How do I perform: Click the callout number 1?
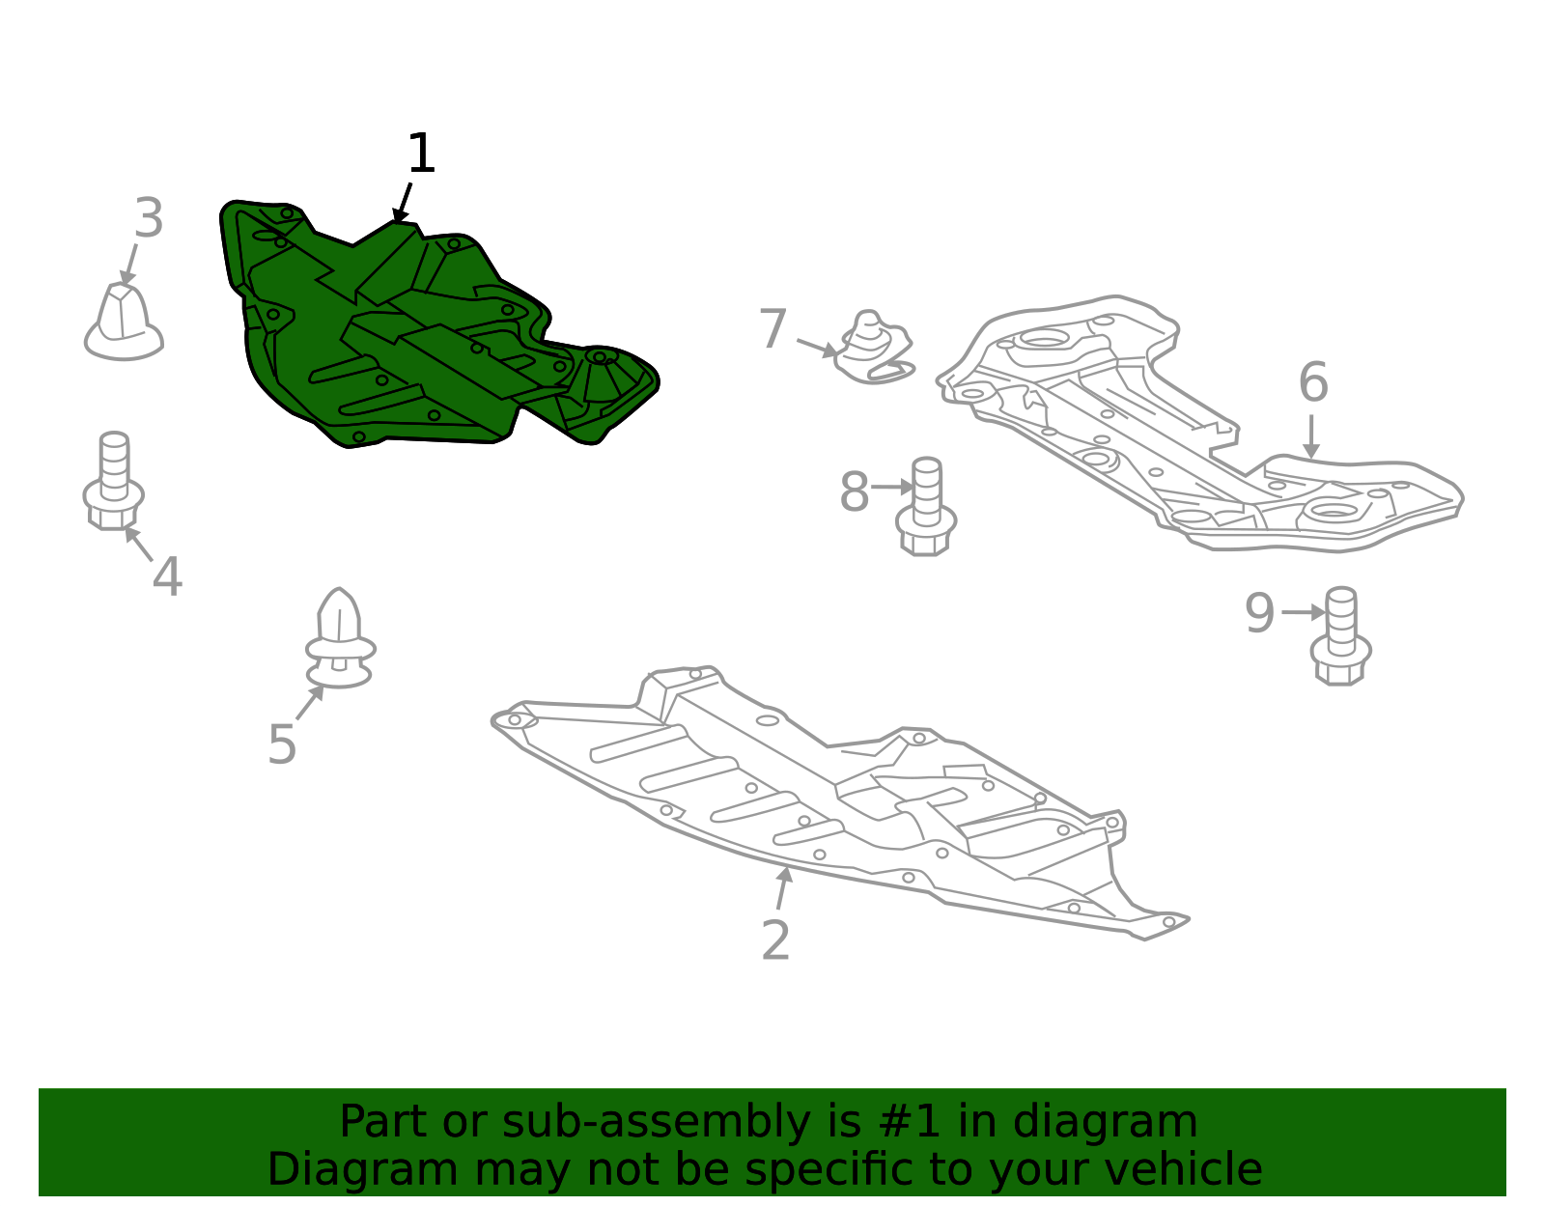click(x=421, y=154)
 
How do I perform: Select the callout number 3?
click(x=150, y=218)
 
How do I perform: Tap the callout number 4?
click(x=167, y=576)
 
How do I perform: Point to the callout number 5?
click(x=282, y=744)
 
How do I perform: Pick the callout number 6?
click(x=1312, y=381)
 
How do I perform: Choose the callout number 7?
click(x=772, y=328)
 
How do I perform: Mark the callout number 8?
click(x=854, y=491)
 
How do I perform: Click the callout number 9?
click(x=1259, y=613)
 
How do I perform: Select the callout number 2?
click(x=775, y=940)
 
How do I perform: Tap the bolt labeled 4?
click(x=114, y=481)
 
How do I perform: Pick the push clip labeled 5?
click(x=340, y=638)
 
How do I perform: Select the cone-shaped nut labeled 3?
click(x=123, y=323)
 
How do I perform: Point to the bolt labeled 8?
click(x=926, y=506)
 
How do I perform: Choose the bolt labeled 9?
click(x=1341, y=636)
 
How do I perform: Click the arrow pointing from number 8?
click(x=892, y=487)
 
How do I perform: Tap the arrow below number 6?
click(x=1311, y=437)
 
